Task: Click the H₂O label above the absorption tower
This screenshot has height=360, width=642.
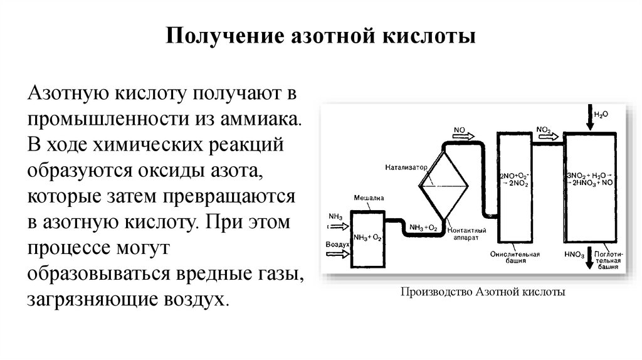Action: click(x=601, y=115)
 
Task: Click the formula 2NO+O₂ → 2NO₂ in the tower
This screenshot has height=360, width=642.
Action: click(x=513, y=179)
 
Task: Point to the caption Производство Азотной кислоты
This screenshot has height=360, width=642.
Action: click(x=482, y=292)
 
